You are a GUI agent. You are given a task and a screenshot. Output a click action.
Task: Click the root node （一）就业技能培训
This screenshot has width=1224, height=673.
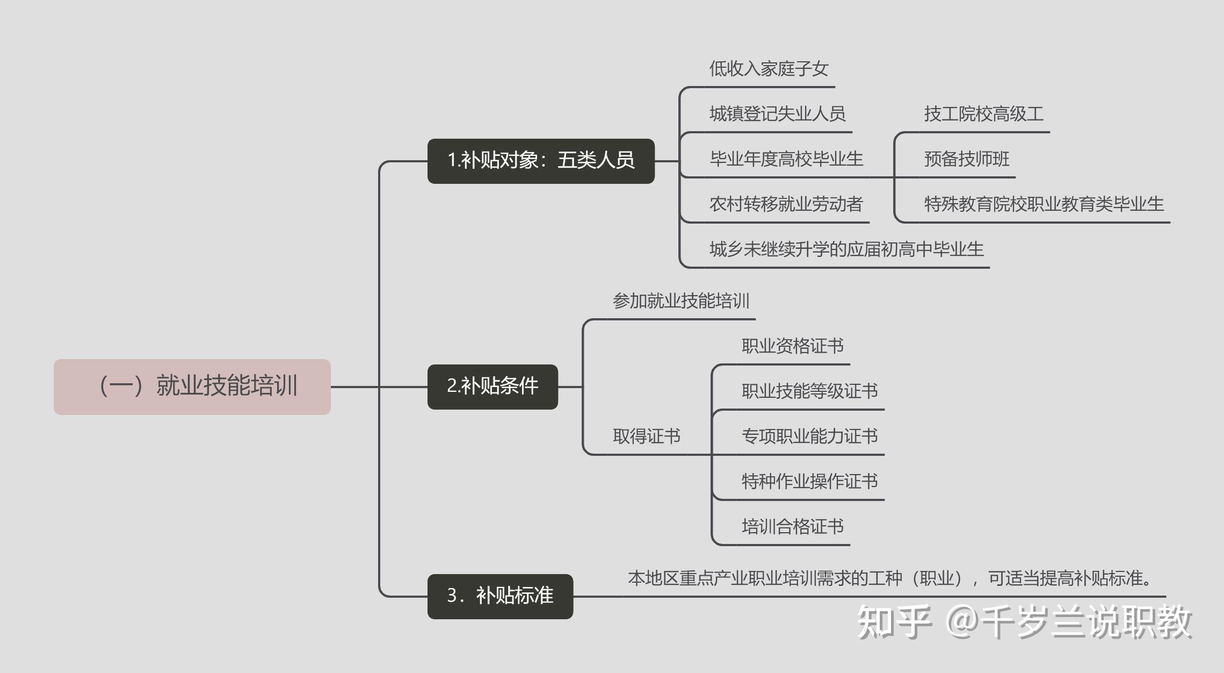pos(192,386)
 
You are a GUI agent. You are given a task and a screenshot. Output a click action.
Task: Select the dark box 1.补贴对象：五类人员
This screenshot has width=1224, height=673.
pos(541,161)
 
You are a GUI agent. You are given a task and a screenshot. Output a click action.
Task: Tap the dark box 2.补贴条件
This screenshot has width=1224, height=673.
pos(493,386)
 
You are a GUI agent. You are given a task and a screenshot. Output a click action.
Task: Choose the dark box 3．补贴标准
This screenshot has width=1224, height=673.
pos(500,596)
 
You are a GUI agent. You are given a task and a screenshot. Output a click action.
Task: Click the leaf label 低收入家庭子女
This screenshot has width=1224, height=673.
pos(769,69)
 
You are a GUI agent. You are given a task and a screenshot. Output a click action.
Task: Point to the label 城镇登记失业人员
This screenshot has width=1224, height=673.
pos(777,114)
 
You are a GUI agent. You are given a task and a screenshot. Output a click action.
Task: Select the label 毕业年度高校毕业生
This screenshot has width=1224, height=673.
pos(786,159)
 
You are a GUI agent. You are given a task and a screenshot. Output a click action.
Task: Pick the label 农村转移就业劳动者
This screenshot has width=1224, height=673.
pos(786,204)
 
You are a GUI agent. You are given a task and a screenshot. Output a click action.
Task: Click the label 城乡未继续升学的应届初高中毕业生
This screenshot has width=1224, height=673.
pos(846,249)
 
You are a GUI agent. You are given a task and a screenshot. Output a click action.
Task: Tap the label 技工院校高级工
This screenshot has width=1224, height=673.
pos(983,114)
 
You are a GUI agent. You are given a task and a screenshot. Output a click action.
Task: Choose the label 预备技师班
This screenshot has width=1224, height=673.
pos(966,159)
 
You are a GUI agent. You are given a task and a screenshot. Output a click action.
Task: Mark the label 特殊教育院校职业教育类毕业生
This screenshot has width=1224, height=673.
pos(1044,204)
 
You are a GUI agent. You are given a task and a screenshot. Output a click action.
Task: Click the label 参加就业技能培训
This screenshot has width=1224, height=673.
pos(681,301)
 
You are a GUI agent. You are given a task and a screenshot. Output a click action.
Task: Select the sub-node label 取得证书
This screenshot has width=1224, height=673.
pos(647,436)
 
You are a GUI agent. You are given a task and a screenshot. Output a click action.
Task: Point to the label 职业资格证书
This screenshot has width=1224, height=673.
pos(793,346)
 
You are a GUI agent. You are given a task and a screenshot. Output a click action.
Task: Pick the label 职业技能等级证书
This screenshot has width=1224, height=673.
pos(810,391)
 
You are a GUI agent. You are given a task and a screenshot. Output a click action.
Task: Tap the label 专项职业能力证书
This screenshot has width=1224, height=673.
pos(810,436)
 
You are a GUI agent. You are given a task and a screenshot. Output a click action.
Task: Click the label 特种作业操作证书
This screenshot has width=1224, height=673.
pos(810,481)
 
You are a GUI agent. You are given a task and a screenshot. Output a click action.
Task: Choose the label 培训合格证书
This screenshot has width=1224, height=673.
pos(793,526)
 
